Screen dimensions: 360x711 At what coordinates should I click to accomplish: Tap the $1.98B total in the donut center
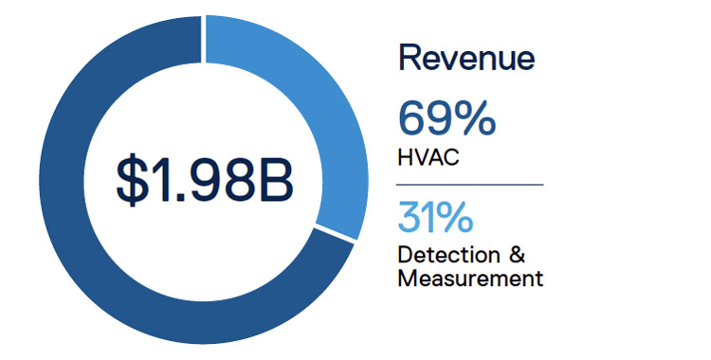[x=204, y=180]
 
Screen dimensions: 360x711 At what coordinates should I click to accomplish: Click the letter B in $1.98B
[x=275, y=180]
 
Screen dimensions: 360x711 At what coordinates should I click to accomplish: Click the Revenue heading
[x=466, y=59]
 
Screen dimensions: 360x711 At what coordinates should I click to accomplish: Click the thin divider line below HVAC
[x=470, y=184]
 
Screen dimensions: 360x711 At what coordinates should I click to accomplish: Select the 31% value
[x=436, y=220]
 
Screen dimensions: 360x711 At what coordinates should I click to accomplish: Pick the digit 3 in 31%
[x=410, y=220]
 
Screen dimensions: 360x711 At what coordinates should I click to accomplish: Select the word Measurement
[x=470, y=279]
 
